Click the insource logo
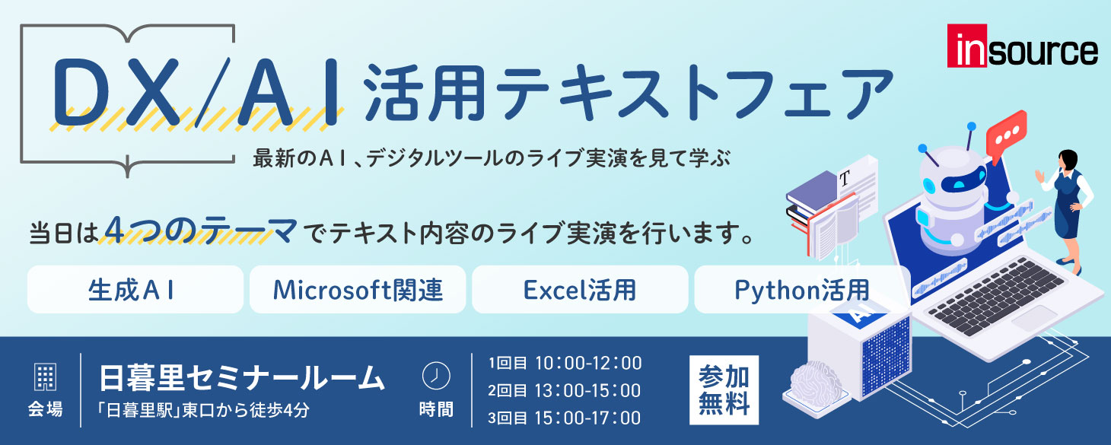[1022, 48]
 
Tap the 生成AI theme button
[135, 289]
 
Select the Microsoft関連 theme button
[358, 289]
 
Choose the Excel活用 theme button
[580, 289]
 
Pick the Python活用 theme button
[801, 289]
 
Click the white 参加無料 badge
[724, 389]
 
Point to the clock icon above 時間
[436, 375]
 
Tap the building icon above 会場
[46, 377]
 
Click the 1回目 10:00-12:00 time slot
[565, 363]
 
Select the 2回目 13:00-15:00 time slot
[565, 390]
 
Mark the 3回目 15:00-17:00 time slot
[565, 418]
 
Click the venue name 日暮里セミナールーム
[242, 377]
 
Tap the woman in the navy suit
[1069, 205]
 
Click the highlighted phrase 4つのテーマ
[201, 230]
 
